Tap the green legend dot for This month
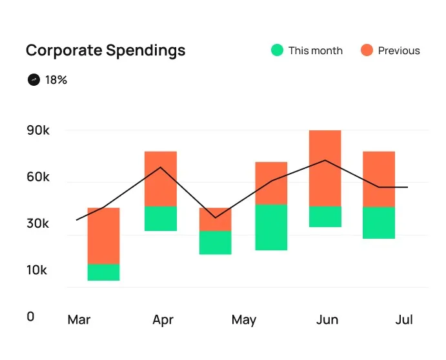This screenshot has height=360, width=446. [277, 50]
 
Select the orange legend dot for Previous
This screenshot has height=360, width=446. [367, 50]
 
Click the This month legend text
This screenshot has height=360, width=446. [316, 50]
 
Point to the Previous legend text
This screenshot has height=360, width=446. [399, 50]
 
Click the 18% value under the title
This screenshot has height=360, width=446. [56, 80]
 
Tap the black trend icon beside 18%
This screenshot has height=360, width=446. [34, 80]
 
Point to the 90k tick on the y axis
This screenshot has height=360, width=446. [38, 130]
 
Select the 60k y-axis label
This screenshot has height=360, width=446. [38, 177]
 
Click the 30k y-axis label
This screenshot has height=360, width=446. [38, 224]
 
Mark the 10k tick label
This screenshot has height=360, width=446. [37, 270]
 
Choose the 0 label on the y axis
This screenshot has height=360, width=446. [30, 317]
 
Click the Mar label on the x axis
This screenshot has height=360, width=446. [79, 319]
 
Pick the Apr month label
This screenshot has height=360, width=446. [163, 319]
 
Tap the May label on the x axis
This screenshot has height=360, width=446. [244, 319]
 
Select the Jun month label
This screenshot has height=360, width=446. [328, 319]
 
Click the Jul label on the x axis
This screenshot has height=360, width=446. [404, 319]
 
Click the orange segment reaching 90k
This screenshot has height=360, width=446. [325, 168]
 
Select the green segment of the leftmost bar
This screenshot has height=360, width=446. [103, 272]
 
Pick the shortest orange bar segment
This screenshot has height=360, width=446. [215, 219]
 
